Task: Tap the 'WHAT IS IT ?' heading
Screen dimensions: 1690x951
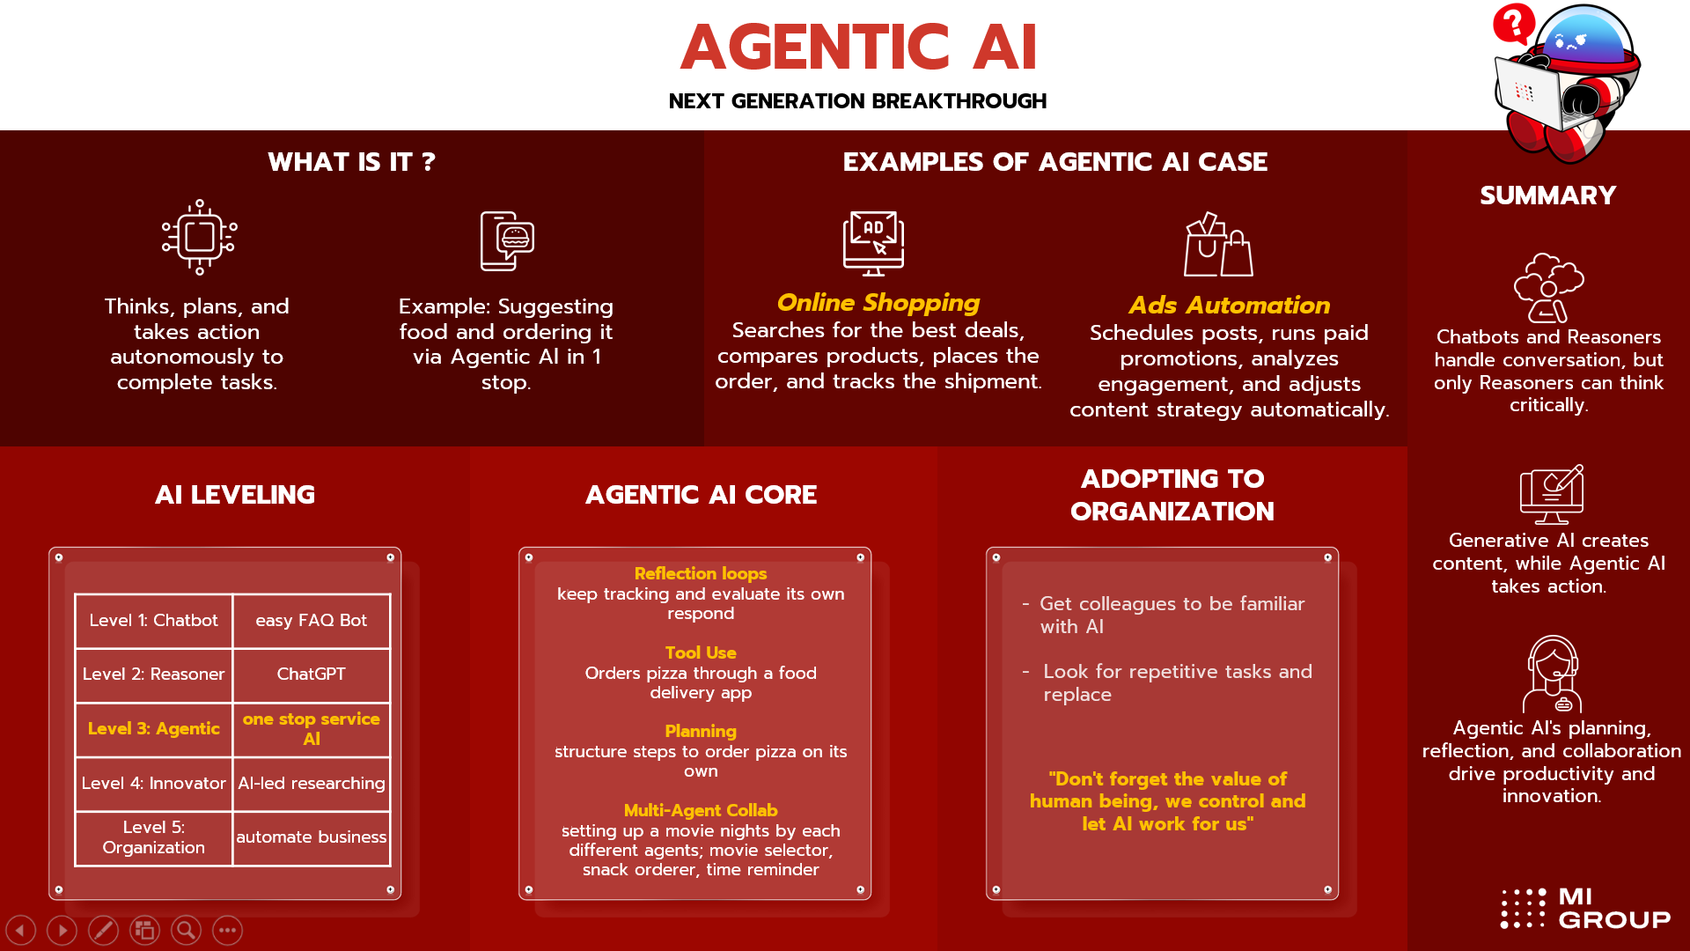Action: point(351,162)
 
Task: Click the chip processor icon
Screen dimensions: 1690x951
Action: point(200,237)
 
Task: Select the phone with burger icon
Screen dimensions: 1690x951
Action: point(507,240)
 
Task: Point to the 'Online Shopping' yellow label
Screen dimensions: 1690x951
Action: point(878,303)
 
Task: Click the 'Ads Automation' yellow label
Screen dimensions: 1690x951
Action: point(1229,306)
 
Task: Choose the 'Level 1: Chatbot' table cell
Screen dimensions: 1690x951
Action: point(154,621)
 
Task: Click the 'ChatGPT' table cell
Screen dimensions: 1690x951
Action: point(312,675)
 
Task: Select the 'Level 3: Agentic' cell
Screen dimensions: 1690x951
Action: point(154,729)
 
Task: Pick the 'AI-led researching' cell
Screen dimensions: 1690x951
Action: point(312,784)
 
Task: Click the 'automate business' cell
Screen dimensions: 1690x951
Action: point(312,837)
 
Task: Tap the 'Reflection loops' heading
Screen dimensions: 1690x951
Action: point(701,573)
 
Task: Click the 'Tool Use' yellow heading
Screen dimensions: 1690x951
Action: point(701,652)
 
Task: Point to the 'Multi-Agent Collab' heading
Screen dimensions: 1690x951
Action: point(701,810)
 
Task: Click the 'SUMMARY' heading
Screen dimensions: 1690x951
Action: point(1548,195)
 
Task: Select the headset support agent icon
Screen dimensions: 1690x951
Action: point(1553,674)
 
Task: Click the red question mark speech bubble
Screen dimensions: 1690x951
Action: point(1514,24)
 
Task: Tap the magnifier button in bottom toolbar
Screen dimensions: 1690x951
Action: point(186,930)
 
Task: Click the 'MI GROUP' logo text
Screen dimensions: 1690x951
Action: point(1614,909)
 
